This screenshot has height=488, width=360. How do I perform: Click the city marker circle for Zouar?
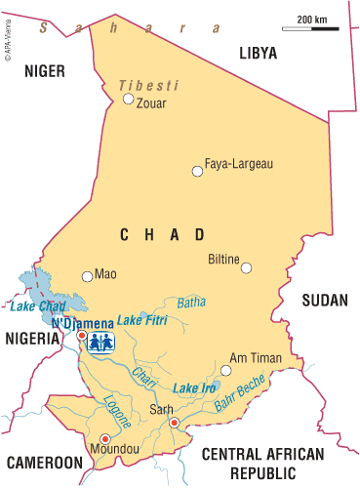tap(128, 98)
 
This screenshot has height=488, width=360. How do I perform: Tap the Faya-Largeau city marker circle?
tap(197, 171)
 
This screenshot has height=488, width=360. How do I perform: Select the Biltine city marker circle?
tap(247, 267)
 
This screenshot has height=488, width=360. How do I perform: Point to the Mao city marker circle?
tap(87, 276)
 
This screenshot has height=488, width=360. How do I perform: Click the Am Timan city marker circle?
tap(225, 370)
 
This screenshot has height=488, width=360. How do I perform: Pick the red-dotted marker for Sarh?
tap(174, 423)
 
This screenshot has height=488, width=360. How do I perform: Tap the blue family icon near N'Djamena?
tap(101, 342)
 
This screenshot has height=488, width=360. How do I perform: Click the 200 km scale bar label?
tap(311, 19)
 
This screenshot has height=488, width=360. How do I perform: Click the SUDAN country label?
tap(324, 300)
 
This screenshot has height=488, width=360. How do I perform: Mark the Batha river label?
tap(191, 302)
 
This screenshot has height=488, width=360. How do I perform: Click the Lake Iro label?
tap(194, 388)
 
